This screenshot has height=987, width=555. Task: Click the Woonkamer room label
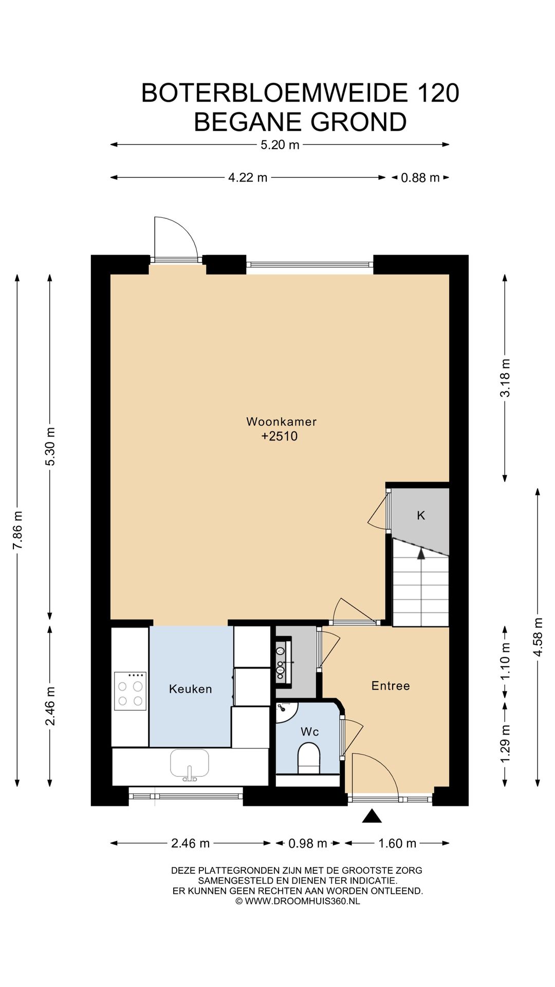(x=281, y=422)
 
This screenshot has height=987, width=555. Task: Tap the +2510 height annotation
(x=280, y=436)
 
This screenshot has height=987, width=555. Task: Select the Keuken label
(x=190, y=689)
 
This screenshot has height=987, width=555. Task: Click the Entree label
(x=391, y=685)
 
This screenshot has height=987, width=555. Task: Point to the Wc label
(x=310, y=732)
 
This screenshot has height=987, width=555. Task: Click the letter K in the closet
(x=421, y=515)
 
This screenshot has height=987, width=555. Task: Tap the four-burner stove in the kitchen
(x=130, y=691)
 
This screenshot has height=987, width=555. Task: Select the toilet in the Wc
(x=309, y=759)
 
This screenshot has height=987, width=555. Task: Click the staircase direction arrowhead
(x=421, y=553)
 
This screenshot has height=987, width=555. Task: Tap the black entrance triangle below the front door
(x=372, y=816)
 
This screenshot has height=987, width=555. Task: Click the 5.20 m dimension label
(x=280, y=145)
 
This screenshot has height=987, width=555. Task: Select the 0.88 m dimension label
(x=420, y=178)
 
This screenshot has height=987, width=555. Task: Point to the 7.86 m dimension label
(x=18, y=530)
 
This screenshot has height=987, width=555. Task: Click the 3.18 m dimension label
(x=505, y=378)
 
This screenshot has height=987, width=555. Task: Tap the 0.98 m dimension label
(x=308, y=844)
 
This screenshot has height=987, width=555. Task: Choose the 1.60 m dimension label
(x=397, y=844)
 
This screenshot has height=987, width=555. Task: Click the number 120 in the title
(x=438, y=93)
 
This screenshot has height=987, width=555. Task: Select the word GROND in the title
(x=359, y=122)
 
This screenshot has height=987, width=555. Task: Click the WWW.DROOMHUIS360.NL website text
(x=302, y=901)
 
